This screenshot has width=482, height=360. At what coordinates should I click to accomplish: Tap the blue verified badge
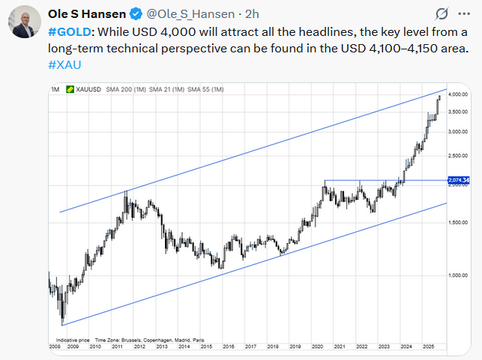(x=136, y=13)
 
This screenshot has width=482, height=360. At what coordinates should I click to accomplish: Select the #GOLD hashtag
(x=70, y=33)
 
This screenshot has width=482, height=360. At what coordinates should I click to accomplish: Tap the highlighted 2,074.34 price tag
(x=457, y=180)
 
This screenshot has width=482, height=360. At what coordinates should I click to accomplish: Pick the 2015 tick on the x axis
(x=207, y=347)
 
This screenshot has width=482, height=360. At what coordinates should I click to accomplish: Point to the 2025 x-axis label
(x=428, y=347)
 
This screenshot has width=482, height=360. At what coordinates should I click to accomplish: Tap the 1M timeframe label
(x=55, y=90)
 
